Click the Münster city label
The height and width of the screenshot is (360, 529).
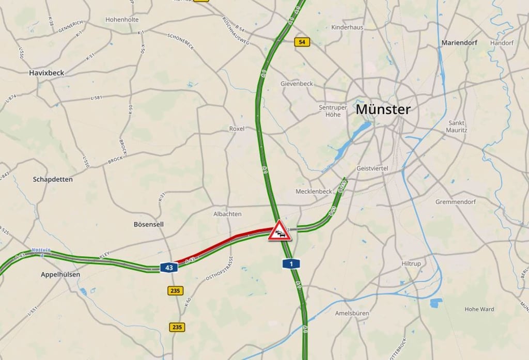(383, 109)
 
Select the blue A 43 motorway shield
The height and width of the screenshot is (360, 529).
(169, 268)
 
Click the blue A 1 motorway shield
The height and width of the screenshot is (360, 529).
(291, 264)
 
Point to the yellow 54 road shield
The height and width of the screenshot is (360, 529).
(302, 42)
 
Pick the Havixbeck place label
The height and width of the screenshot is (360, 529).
(46, 73)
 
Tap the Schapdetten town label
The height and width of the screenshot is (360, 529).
(53, 179)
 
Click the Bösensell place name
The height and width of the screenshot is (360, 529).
(149, 224)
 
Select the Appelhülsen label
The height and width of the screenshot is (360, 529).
(60, 274)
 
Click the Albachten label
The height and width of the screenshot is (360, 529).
(227, 214)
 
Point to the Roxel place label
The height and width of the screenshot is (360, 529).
(237, 129)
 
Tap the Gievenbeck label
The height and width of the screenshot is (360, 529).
(297, 84)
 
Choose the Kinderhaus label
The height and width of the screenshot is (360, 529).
(347, 27)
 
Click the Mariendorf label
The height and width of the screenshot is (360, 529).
(459, 43)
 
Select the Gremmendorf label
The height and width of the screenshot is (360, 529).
(455, 202)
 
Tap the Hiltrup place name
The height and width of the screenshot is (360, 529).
(411, 263)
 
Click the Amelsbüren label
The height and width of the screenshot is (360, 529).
(351, 313)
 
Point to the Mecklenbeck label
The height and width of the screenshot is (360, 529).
(314, 191)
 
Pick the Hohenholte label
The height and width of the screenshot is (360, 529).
(122, 20)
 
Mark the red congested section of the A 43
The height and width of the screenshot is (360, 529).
(222, 243)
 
